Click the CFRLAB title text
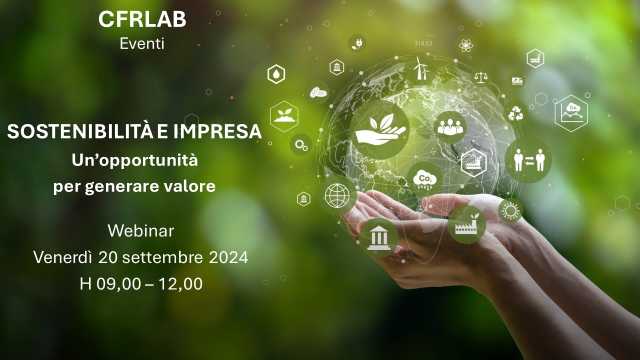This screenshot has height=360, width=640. tap(142, 19)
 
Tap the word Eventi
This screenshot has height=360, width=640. tap(142, 43)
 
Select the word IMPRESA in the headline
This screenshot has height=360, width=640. tap(217, 131)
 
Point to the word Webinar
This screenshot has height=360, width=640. tap(141, 231)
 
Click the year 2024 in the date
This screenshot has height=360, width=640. tap(228, 257)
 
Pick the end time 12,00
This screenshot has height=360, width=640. tap(180, 284)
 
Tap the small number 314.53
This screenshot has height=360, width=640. tap(423, 43)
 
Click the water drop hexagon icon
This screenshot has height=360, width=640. tap(276, 74)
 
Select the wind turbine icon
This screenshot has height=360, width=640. tap(420, 68)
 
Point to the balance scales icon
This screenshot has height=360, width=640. tap(481, 76)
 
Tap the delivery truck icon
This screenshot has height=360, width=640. tap(517, 80)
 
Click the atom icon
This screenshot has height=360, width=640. tap(466, 45)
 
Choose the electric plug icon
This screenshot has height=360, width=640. tap(357, 43)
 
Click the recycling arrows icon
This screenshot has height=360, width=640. tap(515, 113)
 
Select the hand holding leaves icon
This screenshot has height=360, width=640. tap(380, 128)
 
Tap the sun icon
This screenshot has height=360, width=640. tap(510, 211)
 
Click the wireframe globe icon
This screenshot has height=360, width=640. tap(337, 195)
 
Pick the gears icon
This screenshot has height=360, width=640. tap(301, 145)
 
